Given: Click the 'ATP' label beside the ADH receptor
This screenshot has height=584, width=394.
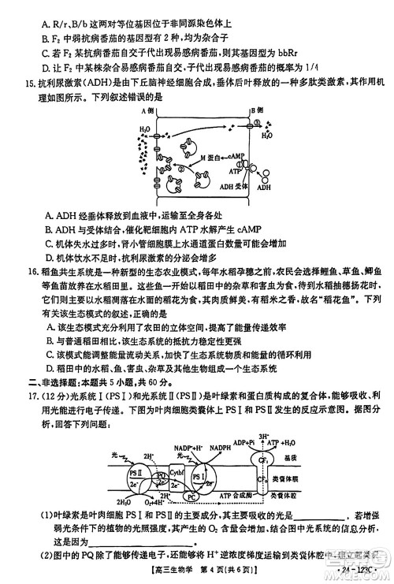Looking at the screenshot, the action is click(x=233, y=170).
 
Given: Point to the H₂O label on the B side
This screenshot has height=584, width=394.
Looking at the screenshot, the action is click(x=267, y=135).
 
